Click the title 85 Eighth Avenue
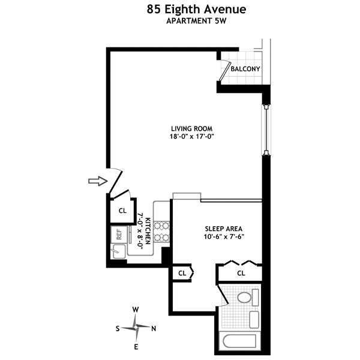pyautogui.click(x=179, y=10)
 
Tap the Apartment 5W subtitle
pyautogui.click(x=179, y=22)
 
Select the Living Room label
pyautogui.click(x=192, y=128)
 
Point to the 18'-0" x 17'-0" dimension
pyautogui.click(x=192, y=137)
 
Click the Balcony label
pyautogui.click(x=245, y=69)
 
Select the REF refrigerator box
pyautogui.click(x=119, y=234)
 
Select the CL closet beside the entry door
pyautogui.click(x=122, y=211)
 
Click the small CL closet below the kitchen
pyautogui.click(x=182, y=274)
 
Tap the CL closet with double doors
pyautogui.click(x=241, y=273)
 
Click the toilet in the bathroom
pyautogui.click(x=244, y=297)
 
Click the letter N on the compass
pyautogui.click(x=154, y=328)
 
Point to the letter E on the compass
pyautogui.click(x=136, y=346)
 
